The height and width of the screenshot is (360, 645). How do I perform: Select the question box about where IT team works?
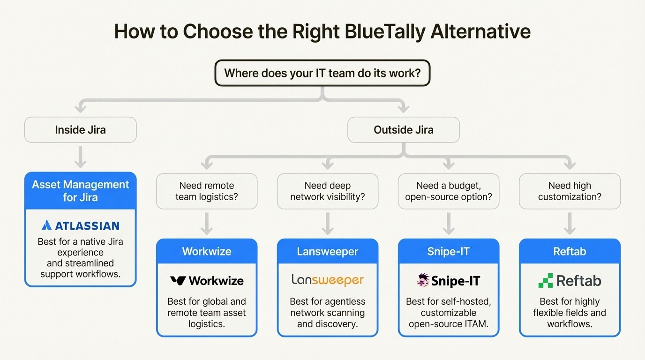[322, 73]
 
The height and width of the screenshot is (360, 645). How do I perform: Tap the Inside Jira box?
[80, 130]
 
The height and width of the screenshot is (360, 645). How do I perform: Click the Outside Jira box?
[403, 130]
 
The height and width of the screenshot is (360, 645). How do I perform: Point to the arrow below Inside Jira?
[80, 157]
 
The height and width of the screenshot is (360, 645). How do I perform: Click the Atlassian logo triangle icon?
[46, 225]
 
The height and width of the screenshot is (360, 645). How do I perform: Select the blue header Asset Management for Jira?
[80, 191]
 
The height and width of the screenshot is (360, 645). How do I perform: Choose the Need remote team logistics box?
[206, 191]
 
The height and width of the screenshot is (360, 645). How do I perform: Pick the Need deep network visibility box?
[327, 191]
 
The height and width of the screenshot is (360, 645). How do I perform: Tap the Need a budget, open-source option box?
[448, 191]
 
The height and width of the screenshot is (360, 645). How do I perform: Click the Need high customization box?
[570, 191]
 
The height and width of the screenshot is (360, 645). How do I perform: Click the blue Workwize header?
[206, 252]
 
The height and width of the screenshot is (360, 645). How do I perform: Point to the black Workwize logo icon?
[178, 281]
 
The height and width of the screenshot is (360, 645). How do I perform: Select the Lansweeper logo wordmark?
[327, 280]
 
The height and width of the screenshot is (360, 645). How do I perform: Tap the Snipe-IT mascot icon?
[423, 280]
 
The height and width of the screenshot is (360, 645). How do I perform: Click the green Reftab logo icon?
[545, 280]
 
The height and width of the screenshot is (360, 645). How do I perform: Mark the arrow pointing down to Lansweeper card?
[327, 224]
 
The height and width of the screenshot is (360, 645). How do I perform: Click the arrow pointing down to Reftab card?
[570, 224]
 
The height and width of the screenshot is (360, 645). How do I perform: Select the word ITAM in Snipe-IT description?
[475, 324]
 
